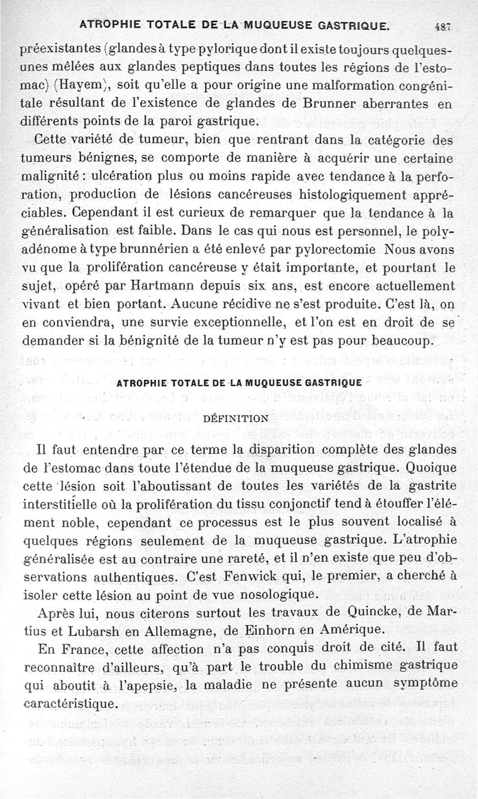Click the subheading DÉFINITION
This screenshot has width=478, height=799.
[x=237, y=419]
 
